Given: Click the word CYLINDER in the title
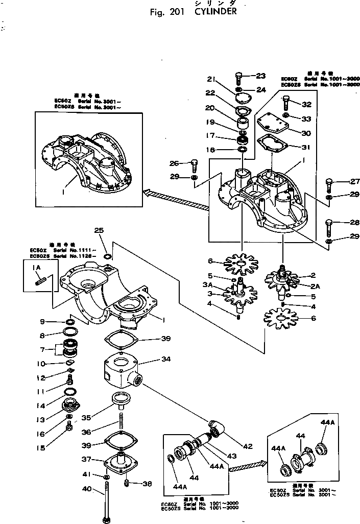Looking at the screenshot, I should (x=215, y=12).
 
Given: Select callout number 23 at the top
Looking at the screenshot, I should (x=260, y=76).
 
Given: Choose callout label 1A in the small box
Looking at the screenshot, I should (x=37, y=267).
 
